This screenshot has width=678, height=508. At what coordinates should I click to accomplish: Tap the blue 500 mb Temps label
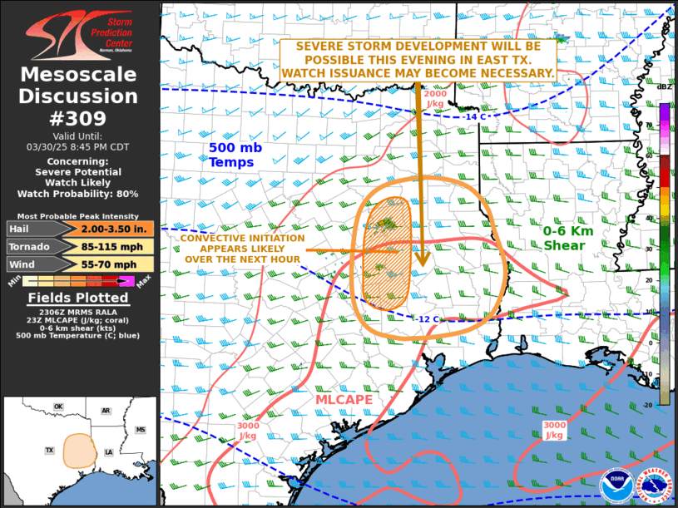231,155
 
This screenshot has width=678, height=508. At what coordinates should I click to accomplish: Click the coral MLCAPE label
343,400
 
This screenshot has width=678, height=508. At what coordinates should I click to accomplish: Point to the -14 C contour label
473,116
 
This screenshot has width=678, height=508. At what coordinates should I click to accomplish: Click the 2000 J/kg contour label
435,99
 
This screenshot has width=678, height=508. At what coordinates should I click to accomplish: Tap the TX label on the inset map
49,450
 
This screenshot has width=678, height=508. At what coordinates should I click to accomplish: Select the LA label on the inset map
108,451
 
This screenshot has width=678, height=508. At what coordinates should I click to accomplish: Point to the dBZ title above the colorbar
665,86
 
